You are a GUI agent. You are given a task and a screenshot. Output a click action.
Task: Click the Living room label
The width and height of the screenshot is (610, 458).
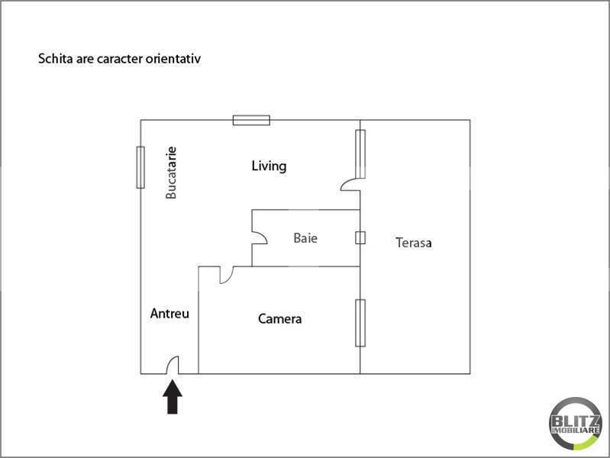pyautogui.click(x=269, y=166)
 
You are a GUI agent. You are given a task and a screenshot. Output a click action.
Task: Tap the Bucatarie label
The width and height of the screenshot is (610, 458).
pyautogui.click(x=171, y=173)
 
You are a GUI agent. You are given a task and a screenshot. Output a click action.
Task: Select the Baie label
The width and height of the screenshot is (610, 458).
pyautogui.click(x=305, y=238)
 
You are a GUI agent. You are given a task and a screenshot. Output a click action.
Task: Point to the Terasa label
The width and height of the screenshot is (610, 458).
pyautogui.click(x=414, y=243)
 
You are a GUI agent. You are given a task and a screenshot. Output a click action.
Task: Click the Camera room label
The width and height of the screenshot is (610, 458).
pyautogui.click(x=279, y=319)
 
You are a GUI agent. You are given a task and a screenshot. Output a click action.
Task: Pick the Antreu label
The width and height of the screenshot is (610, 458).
pyautogui.click(x=169, y=313)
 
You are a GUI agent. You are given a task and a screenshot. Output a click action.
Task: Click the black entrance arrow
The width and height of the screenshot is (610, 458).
pyautogui.click(x=173, y=397)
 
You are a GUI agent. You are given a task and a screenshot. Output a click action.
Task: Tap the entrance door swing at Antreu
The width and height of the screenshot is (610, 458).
pyautogui.click(x=173, y=366)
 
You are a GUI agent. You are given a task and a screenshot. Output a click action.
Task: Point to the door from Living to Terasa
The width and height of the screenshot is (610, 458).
pyautogui.click(x=350, y=184)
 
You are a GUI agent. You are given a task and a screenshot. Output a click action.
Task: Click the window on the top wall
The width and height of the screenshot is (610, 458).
pyautogui.click(x=251, y=120)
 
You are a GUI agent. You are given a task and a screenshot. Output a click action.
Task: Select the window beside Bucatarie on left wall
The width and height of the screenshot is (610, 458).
pyautogui.click(x=140, y=166)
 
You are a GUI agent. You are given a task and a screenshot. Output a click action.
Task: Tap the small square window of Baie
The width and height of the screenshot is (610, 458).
pyautogui.click(x=360, y=237)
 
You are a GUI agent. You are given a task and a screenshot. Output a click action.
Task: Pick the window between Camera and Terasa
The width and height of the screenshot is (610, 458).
pyautogui.click(x=360, y=323)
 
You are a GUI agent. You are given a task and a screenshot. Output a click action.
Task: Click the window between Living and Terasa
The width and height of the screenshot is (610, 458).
pyautogui.click(x=360, y=153)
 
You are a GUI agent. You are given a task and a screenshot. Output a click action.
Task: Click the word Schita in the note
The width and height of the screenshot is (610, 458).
pyautogui.click(x=53, y=58)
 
